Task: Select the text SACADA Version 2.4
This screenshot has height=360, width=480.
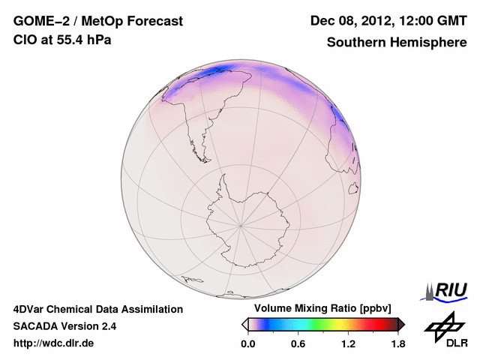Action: pos(64,326)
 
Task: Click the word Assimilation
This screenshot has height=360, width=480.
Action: pos(151,309)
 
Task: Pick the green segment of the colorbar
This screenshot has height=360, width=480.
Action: pos(324,324)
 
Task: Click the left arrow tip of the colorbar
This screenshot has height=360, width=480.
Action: pos(244,324)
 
